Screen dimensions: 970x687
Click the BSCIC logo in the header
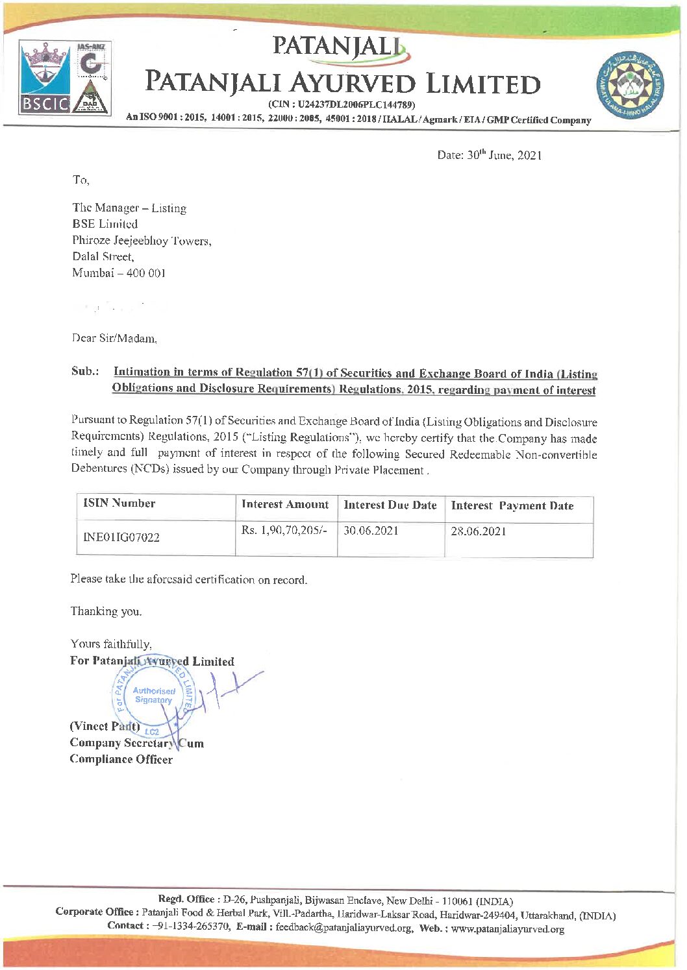click(x=44, y=77)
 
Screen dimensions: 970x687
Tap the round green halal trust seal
click(x=629, y=84)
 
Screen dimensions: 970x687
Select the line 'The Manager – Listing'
click(x=129, y=208)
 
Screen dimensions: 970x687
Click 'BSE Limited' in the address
click(x=105, y=224)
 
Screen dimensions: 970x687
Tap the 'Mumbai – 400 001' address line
click(x=119, y=273)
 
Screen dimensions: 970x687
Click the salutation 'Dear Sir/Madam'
click(x=114, y=338)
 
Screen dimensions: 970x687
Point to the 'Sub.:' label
click(x=85, y=372)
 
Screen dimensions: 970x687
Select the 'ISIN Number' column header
click(x=119, y=503)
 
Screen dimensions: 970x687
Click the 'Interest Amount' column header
click(x=285, y=504)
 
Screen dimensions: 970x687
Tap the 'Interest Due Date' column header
click(x=390, y=505)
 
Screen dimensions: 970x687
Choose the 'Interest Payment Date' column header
click(x=512, y=505)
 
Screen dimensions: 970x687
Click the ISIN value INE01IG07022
click(x=121, y=537)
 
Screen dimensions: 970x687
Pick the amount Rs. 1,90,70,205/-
click(x=284, y=531)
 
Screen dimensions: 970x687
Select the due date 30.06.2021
click(x=371, y=531)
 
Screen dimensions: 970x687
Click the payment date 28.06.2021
click(x=479, y=531)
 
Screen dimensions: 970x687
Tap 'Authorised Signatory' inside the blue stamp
click(x=154, y=696)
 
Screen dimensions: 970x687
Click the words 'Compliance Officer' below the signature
click(x=121, y=760)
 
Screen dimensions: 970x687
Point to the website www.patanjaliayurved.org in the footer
click(x=508, y=929)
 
